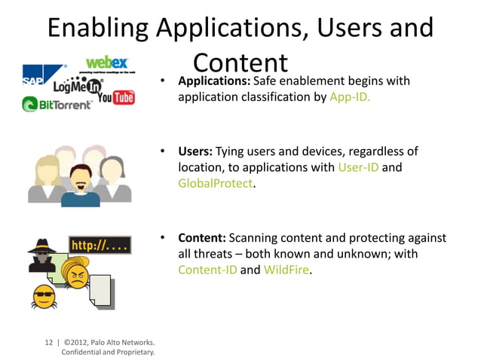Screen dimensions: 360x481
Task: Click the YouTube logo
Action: click(x=116, y=97)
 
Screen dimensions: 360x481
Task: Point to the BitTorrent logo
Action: click(x=57, y=105)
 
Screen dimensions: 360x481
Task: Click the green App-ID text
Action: click(x=350, y=97)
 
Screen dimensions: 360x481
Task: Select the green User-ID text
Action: click(x=358, y=167)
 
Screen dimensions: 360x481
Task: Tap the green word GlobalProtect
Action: click(x=215, y=183)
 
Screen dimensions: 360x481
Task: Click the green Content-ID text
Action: click(x=207, y=270)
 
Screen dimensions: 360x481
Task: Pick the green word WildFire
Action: click(x=286, y=270)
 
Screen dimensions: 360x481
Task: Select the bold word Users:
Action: click(x=195, y=151)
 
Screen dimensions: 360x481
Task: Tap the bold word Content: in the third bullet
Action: click(x=201, y=238)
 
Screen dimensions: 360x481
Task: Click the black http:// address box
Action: click(x=100, y=246)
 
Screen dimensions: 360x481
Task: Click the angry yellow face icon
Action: click(x=76, y=276)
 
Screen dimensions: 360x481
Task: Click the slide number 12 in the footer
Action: click(x=49, y=341)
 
